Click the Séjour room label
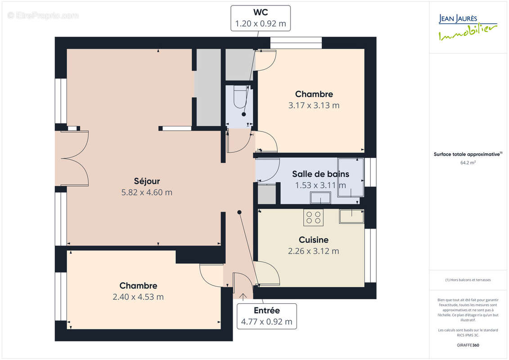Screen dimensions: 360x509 [147, 181]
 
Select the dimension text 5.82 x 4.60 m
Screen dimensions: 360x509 [147, 193]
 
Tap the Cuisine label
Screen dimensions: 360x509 [313, 240]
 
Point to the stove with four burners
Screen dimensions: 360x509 [314, 218]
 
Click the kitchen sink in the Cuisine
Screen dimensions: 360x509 [351, 216]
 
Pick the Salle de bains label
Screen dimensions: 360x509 [320, 174]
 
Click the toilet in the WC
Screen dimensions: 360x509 [239, 97]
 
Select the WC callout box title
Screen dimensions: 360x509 [261, 13]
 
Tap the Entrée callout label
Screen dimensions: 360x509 [267, 310]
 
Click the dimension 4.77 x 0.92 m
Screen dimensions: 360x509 [267, 322]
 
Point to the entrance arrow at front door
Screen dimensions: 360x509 [243, 296]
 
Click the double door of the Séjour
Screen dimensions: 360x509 [74, 158]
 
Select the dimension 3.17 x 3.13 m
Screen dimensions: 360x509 [314, 106]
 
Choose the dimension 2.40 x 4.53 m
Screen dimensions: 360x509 [138, 297]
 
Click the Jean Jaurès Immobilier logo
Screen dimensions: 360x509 [468, 27]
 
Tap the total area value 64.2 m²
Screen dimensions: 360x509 [468, 163]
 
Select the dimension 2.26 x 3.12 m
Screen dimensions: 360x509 [313, 251]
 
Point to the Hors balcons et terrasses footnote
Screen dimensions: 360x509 [468, 280]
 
